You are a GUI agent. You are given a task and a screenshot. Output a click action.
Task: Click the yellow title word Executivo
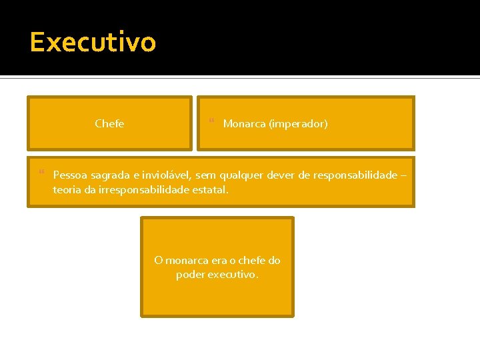pos(93,42)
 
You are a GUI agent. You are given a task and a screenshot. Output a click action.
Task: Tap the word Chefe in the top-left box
pos(109,123)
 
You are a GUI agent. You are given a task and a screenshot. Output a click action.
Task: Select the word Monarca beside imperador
pos(244,123)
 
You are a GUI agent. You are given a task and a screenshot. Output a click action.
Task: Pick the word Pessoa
pos(69,175)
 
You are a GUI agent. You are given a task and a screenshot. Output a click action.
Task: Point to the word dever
pos(281,175)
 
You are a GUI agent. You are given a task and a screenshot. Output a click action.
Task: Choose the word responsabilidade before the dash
pos(355,175)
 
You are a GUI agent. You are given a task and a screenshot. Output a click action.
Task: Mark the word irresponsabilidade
pos(143,189)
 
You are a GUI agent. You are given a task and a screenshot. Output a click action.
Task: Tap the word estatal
pos(209,189)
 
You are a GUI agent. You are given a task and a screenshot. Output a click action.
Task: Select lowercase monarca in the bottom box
pos(187,260)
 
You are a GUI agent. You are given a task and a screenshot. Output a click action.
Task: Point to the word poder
pos(190,274)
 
